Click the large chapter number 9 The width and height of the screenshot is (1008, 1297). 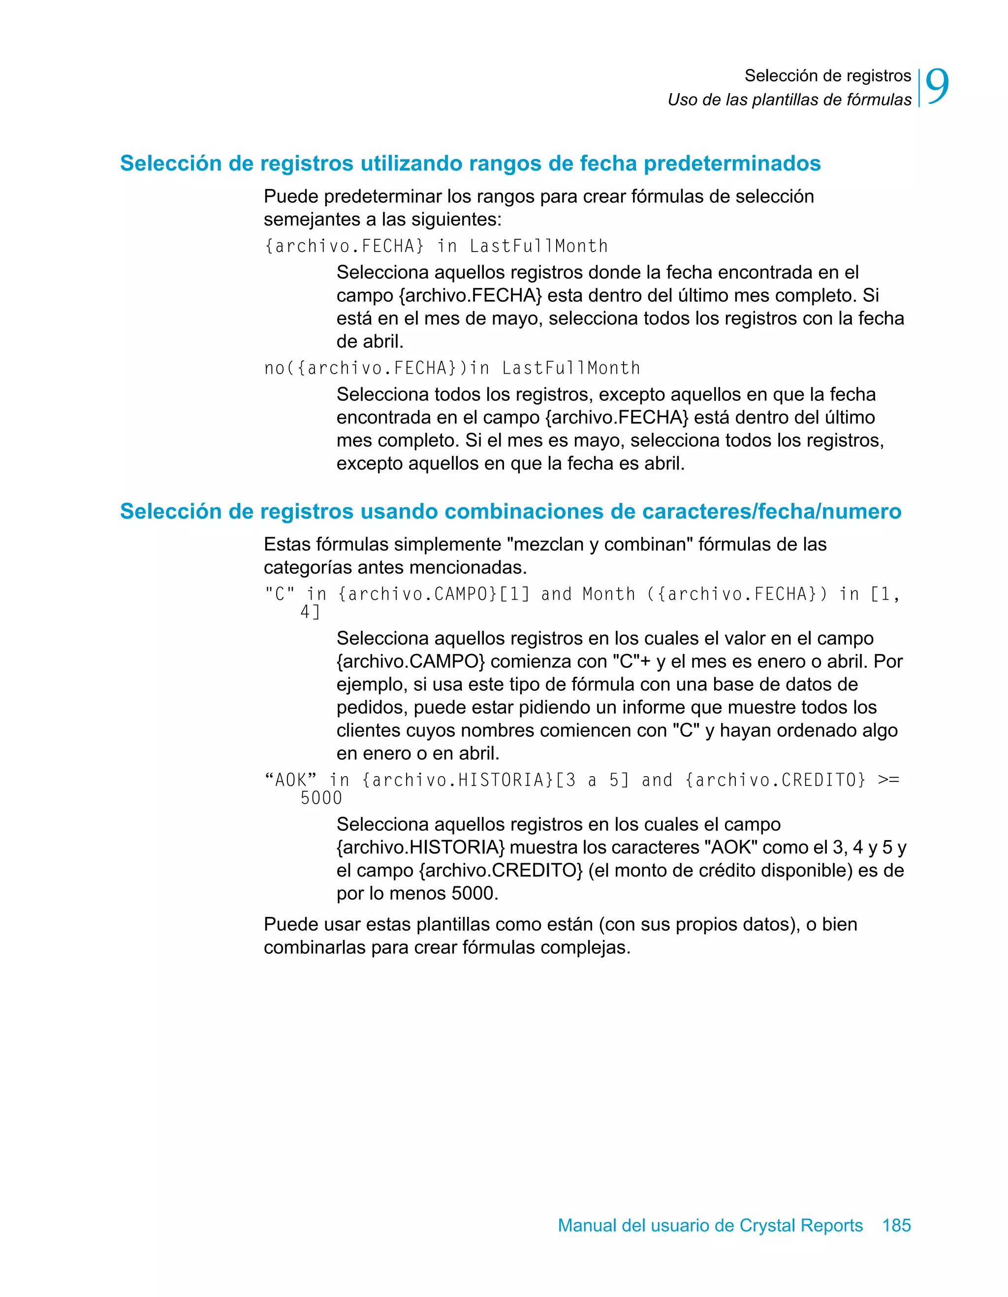937,87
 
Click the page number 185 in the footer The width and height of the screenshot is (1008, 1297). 896,1225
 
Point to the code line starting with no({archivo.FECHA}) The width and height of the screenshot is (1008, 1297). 452,368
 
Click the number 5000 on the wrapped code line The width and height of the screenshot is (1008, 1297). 321,798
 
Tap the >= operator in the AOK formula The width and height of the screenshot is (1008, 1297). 888,780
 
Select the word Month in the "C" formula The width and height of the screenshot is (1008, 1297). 608,594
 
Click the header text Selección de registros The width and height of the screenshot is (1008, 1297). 827,76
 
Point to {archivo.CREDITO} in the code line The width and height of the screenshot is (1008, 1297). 775,780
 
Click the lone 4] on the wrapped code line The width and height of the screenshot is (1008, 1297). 310,612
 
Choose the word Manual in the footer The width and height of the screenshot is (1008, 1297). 587,1225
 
